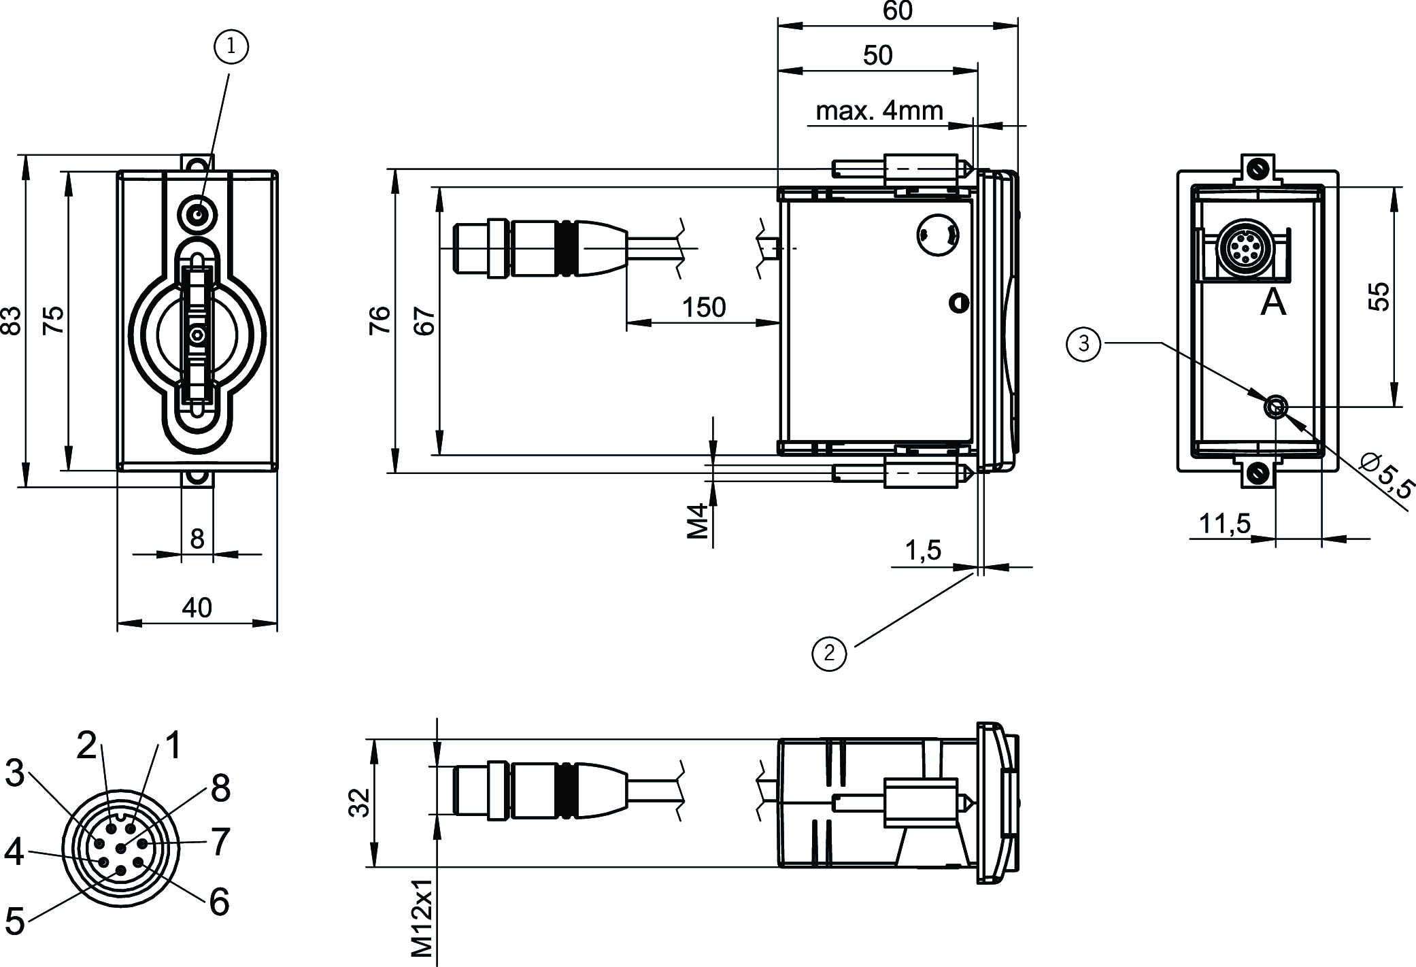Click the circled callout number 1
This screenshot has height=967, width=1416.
[231, 46]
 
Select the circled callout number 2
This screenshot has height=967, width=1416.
[829, 654]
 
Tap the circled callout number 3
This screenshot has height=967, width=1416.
[1083, 344]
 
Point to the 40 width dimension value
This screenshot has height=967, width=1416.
[197, 607]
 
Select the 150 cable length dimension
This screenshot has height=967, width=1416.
[704, 308]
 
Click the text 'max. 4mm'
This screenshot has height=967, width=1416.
[879, 110]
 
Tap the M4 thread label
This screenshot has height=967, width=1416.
[698, 520]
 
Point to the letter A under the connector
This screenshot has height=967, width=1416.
[1273, 303]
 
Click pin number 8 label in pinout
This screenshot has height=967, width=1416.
[220, 789]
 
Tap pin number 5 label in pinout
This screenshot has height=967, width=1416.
[15, 921]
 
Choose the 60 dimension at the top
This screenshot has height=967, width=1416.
[897, 12]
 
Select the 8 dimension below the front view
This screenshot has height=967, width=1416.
[197, 539]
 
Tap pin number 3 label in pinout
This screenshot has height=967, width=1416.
[15, 773]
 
